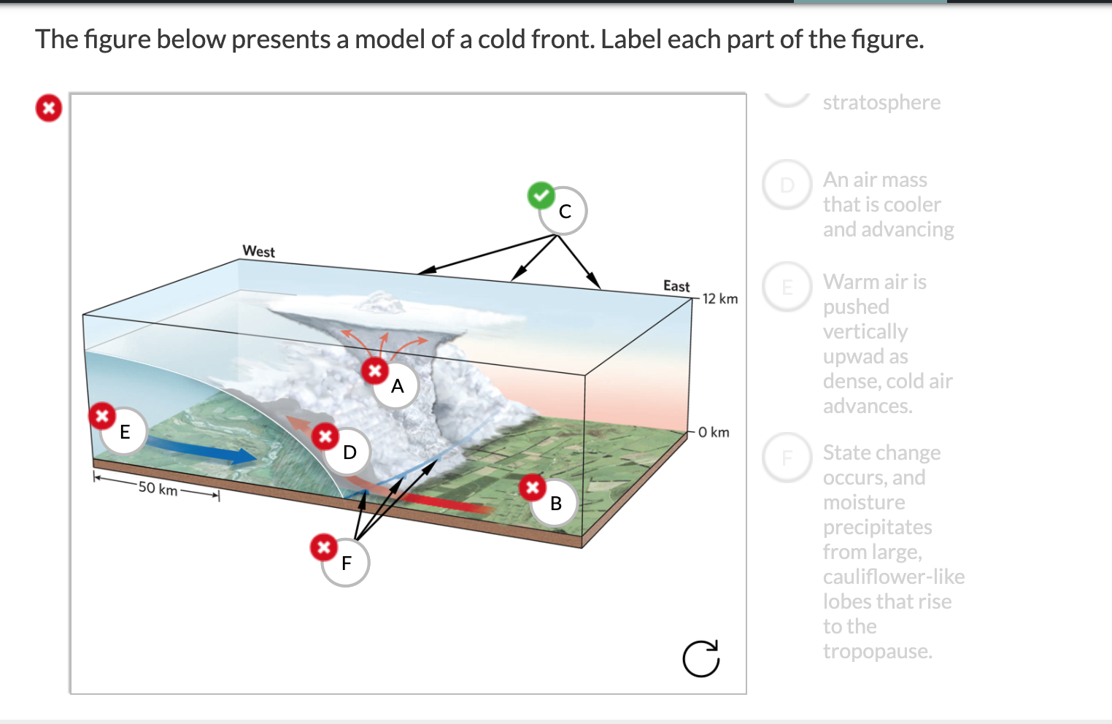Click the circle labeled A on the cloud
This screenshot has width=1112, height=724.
click(x=396, y=386)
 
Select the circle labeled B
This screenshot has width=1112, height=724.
click(x=555, y=503)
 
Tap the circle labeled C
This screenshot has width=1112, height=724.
click(x=564, y=212)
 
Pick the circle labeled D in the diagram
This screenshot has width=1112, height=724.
click(x=350, y=452)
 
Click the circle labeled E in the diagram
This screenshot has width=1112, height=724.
click(x=125, y=432)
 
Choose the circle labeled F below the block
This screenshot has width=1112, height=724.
click(x=346, y=563)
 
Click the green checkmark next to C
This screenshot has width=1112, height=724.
click(x=541, y=196)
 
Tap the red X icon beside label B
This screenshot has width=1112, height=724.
click(x=533, y=487)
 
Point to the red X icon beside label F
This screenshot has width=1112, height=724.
click(x=323, y=547)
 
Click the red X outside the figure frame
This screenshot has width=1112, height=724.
click(x=49, y=109)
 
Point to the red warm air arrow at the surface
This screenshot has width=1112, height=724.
click(x=438, y=501)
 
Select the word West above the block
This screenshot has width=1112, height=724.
click(x=258, y=252)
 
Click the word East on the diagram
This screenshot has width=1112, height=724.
click(x=676, y=286)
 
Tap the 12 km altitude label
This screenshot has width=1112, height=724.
click(x=719, y=299)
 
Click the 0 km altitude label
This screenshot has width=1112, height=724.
click(x=713, y=432)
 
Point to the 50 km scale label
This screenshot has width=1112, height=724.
click(x=158, y=488)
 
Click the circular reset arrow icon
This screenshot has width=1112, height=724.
click(x=700, y=658)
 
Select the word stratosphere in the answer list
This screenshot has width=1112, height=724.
click(x=881, y=103)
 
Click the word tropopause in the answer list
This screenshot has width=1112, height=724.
click(x=877, y=651)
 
